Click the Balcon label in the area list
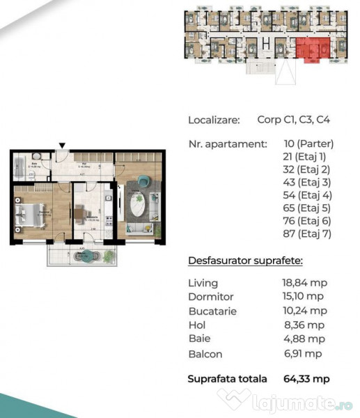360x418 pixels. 205,354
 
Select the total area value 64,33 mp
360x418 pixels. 306,379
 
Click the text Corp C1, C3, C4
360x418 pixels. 293,120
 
